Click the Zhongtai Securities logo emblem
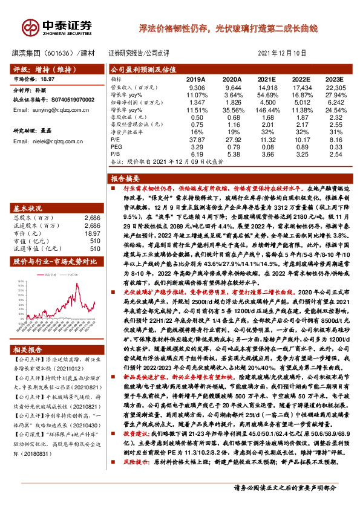click(30, 27)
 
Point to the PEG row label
click(116, 146)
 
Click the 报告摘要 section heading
click(126, 178)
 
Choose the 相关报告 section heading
click(28, 332)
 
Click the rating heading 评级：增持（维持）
click(42, 69)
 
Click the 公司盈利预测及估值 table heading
click(143, 70)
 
